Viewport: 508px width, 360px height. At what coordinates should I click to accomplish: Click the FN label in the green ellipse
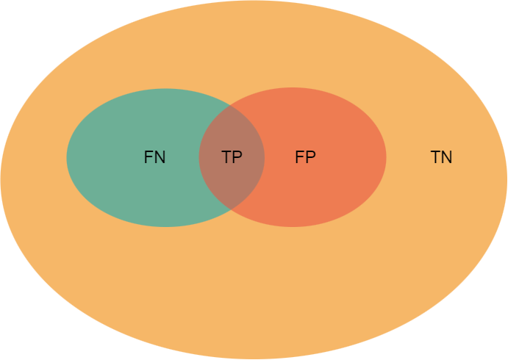[x=154, y=157]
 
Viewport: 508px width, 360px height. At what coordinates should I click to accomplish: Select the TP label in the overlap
[x=232, y=157]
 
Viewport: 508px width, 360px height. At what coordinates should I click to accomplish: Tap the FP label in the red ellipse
[x=305, y=157]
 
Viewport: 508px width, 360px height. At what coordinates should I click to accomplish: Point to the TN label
[x=441, y=157]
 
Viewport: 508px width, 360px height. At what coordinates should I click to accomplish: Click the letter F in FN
[x=149, y=157]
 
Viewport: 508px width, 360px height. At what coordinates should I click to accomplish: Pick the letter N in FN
[x=160, y=157]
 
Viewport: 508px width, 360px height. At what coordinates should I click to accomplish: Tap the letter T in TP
[x=226, y=157]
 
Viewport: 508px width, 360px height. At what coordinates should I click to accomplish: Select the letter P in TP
[x=237, y=157]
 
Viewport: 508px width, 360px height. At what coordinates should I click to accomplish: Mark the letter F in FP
[x=299, y=157]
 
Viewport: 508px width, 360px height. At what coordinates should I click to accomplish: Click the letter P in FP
[x=311, y=157]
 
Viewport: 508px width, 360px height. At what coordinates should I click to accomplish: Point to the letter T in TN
[x=435, y=157]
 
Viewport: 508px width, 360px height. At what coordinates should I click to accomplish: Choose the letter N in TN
[x=447, y=157]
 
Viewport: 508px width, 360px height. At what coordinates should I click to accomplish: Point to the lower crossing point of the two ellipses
[x=232, y=211]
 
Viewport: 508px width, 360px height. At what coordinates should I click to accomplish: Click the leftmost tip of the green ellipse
[x=67, y=157]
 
